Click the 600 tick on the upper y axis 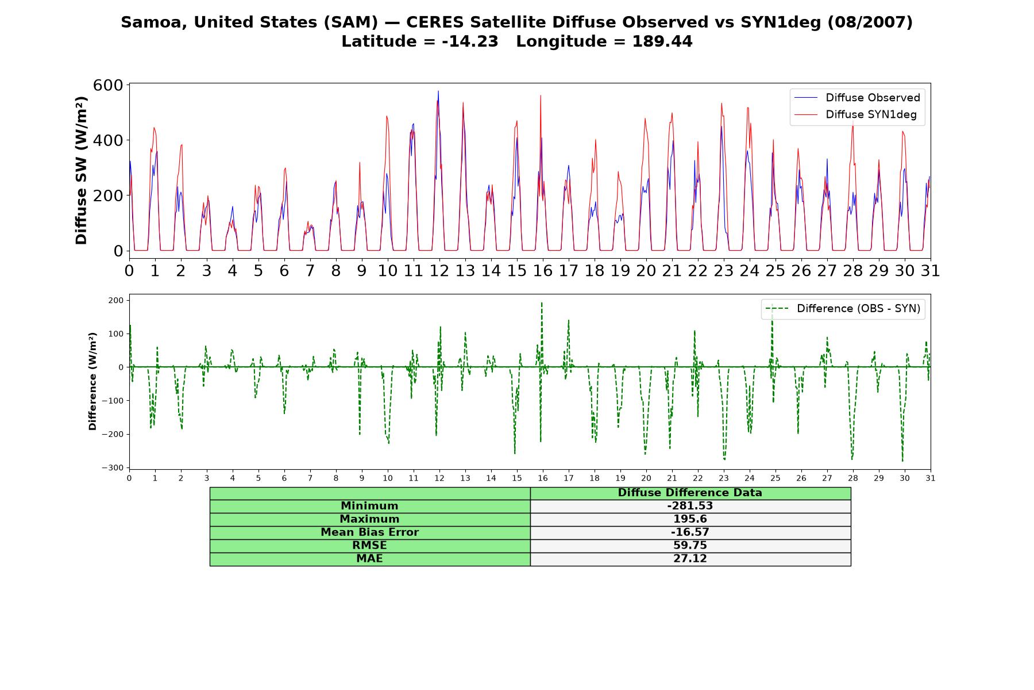click(109, 85)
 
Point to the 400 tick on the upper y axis click(109, 140)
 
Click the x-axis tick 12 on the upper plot click(439, 271)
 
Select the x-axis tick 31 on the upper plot click(931, 271)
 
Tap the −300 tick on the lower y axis click(113, 468)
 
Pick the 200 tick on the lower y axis click(116, 300)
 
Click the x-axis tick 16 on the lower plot click(543, 478)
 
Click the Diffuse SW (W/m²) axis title click(81, 171)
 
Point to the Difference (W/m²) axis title click(92, 382)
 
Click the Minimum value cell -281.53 click(690, 506)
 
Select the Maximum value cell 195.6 click(690, 519)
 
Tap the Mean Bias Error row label click(369, 532)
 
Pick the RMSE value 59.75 click(690, 546)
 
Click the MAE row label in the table click(369, 559)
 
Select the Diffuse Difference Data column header click(690, 493)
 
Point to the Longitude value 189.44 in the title click(662, 41)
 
